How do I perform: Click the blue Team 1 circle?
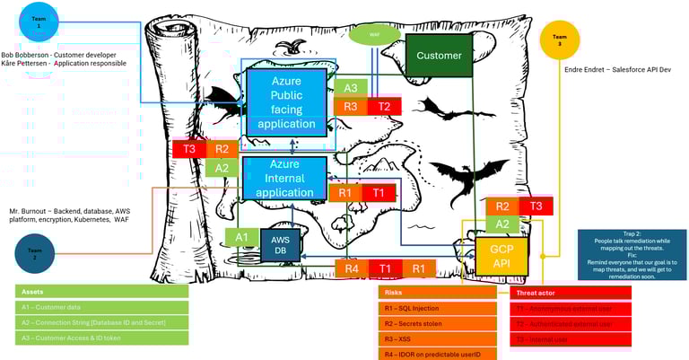click(x=38, y=23)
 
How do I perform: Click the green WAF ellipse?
click(x=374, y=35)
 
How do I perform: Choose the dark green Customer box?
click(x=439, y=56)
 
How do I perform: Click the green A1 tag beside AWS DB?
click(x=240, y=238)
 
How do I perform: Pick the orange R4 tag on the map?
click(x=352, y=268)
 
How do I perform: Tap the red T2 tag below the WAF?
click(x=384, y=107)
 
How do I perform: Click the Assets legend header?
click(x=101, y=292)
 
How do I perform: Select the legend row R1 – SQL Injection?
click(x=437, y=308)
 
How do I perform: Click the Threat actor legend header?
click(x=572, y=293)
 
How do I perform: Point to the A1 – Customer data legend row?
click(x=101, y=307)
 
